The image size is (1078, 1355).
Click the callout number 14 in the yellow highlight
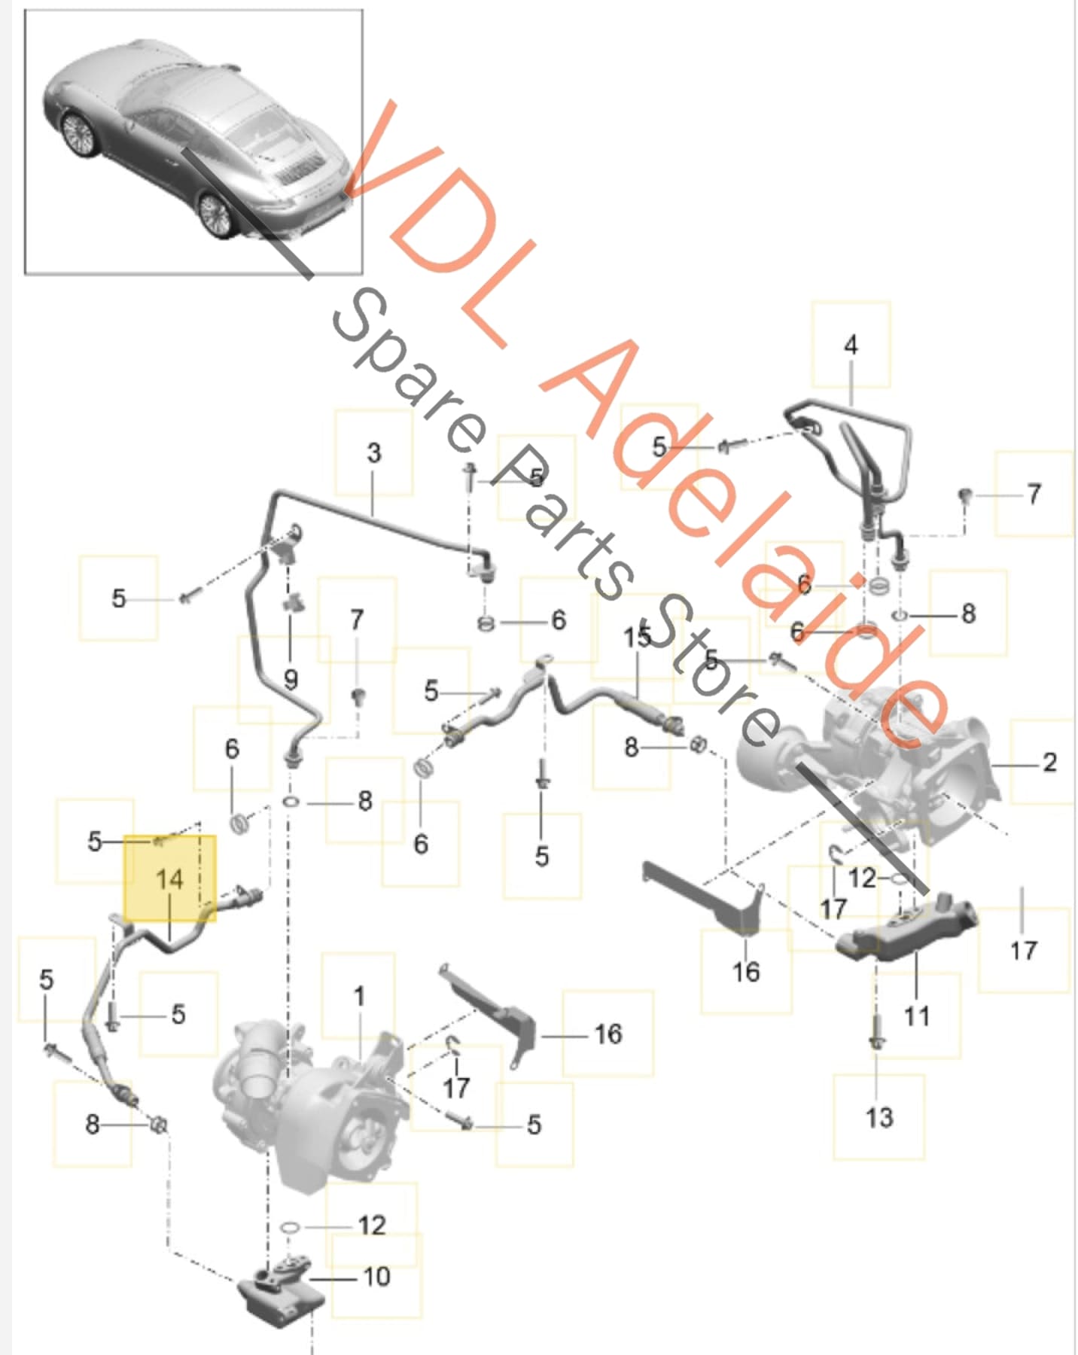(169, 878)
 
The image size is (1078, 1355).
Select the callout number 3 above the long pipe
(373, 453)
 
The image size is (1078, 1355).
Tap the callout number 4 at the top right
(851, 346)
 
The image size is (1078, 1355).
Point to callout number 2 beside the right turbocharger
(1049, 762)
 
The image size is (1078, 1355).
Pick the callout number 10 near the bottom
(376, 1277)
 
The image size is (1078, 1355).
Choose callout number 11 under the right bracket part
(916, 1016)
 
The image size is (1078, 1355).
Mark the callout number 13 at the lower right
(879, 1117)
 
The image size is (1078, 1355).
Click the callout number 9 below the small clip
(291, 680)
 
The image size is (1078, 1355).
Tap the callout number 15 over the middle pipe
(637, 638)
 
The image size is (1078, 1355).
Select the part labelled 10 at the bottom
(280, 1293)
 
